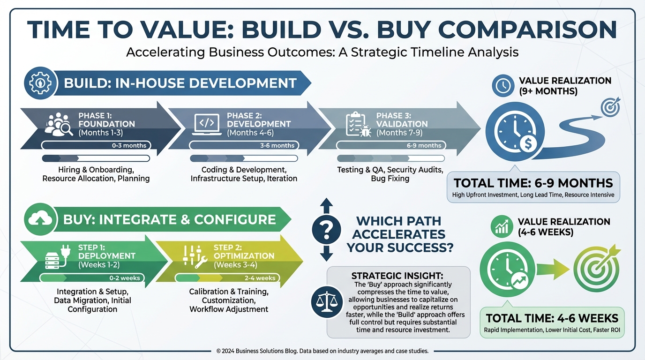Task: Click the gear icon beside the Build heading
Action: (41, 83)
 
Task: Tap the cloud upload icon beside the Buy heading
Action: (40, 219)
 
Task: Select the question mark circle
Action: (326, 230)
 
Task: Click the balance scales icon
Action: (327, 302)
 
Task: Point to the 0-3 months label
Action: (129, 145)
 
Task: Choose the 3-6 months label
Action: (277, 145)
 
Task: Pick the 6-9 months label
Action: (424, 145)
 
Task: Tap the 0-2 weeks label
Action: (124, 278)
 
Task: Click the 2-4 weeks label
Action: (260, 278)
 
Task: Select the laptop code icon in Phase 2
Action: (207, 124)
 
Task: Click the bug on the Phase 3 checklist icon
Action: (365, 131)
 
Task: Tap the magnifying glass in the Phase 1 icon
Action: (67, 128)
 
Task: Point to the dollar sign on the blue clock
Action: (528, 143)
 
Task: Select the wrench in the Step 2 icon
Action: (201, 262)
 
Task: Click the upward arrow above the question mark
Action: (326, 205)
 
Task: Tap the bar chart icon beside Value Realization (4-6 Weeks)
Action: (502, 227)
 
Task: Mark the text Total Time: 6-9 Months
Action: (533, 183)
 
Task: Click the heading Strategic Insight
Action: (397, 276)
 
